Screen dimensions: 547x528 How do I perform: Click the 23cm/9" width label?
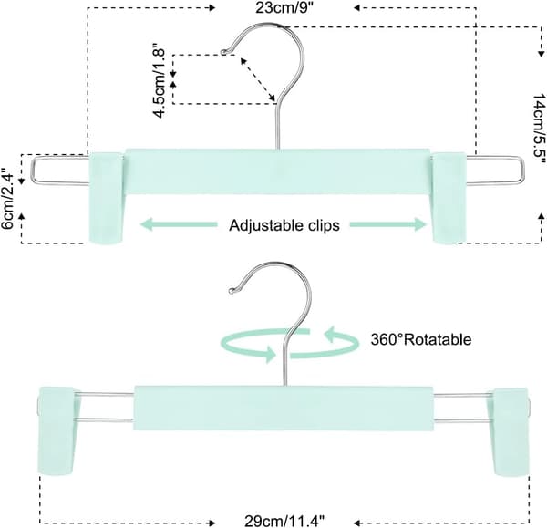285,7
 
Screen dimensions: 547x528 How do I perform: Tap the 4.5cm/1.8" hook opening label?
159,80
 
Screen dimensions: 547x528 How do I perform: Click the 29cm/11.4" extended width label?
284,522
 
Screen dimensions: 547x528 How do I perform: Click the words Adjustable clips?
284,225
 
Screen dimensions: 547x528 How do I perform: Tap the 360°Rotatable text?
420,339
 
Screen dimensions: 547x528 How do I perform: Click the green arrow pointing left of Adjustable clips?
179,224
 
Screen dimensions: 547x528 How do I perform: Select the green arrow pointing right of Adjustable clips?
388,224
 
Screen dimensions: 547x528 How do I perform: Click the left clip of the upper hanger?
107,197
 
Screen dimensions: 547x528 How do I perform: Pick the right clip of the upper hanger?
449,198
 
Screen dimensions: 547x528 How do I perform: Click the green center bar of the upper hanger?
278,171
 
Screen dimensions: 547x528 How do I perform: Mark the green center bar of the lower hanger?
284,408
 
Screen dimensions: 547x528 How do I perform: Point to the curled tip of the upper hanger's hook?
223,52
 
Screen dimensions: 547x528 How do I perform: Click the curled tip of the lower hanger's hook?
231,290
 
